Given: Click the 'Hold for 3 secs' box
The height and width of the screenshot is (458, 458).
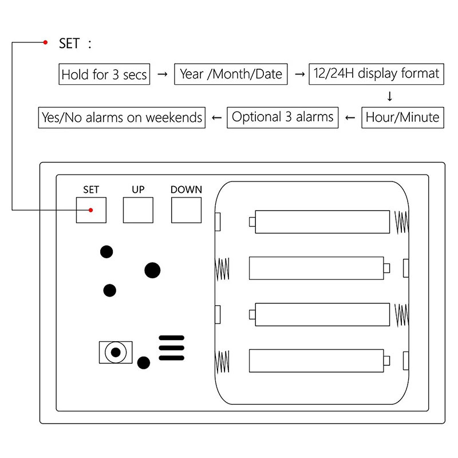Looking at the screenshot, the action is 104,74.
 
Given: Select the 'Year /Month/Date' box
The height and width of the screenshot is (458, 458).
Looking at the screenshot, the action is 231,74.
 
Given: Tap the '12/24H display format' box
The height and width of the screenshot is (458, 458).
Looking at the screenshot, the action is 376,74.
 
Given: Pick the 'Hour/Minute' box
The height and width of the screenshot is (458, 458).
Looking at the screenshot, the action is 402,117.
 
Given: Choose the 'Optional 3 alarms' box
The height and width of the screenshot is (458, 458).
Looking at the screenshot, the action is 282,117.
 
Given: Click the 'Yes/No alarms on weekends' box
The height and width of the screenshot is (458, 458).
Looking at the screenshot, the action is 122,117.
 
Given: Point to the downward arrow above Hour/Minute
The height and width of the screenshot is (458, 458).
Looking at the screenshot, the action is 390,96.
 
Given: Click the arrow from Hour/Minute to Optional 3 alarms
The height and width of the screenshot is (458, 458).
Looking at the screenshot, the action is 350,118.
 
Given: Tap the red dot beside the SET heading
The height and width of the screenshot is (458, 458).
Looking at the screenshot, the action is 45,42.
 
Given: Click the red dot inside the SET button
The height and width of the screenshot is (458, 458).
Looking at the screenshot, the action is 91,210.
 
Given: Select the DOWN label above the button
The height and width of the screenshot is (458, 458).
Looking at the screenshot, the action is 186,189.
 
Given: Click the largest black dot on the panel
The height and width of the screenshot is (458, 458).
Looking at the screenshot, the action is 152,270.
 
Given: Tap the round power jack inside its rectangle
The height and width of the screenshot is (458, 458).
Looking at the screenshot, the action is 116,352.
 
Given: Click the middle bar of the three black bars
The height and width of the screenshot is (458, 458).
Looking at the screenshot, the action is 171,348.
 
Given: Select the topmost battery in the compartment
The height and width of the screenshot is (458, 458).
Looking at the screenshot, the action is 319,222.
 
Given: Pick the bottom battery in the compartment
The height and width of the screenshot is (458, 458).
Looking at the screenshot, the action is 319,361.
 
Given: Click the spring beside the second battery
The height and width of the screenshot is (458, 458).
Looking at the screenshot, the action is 222,269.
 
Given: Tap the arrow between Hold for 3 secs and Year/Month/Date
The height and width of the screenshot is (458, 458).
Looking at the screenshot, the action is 163,74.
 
